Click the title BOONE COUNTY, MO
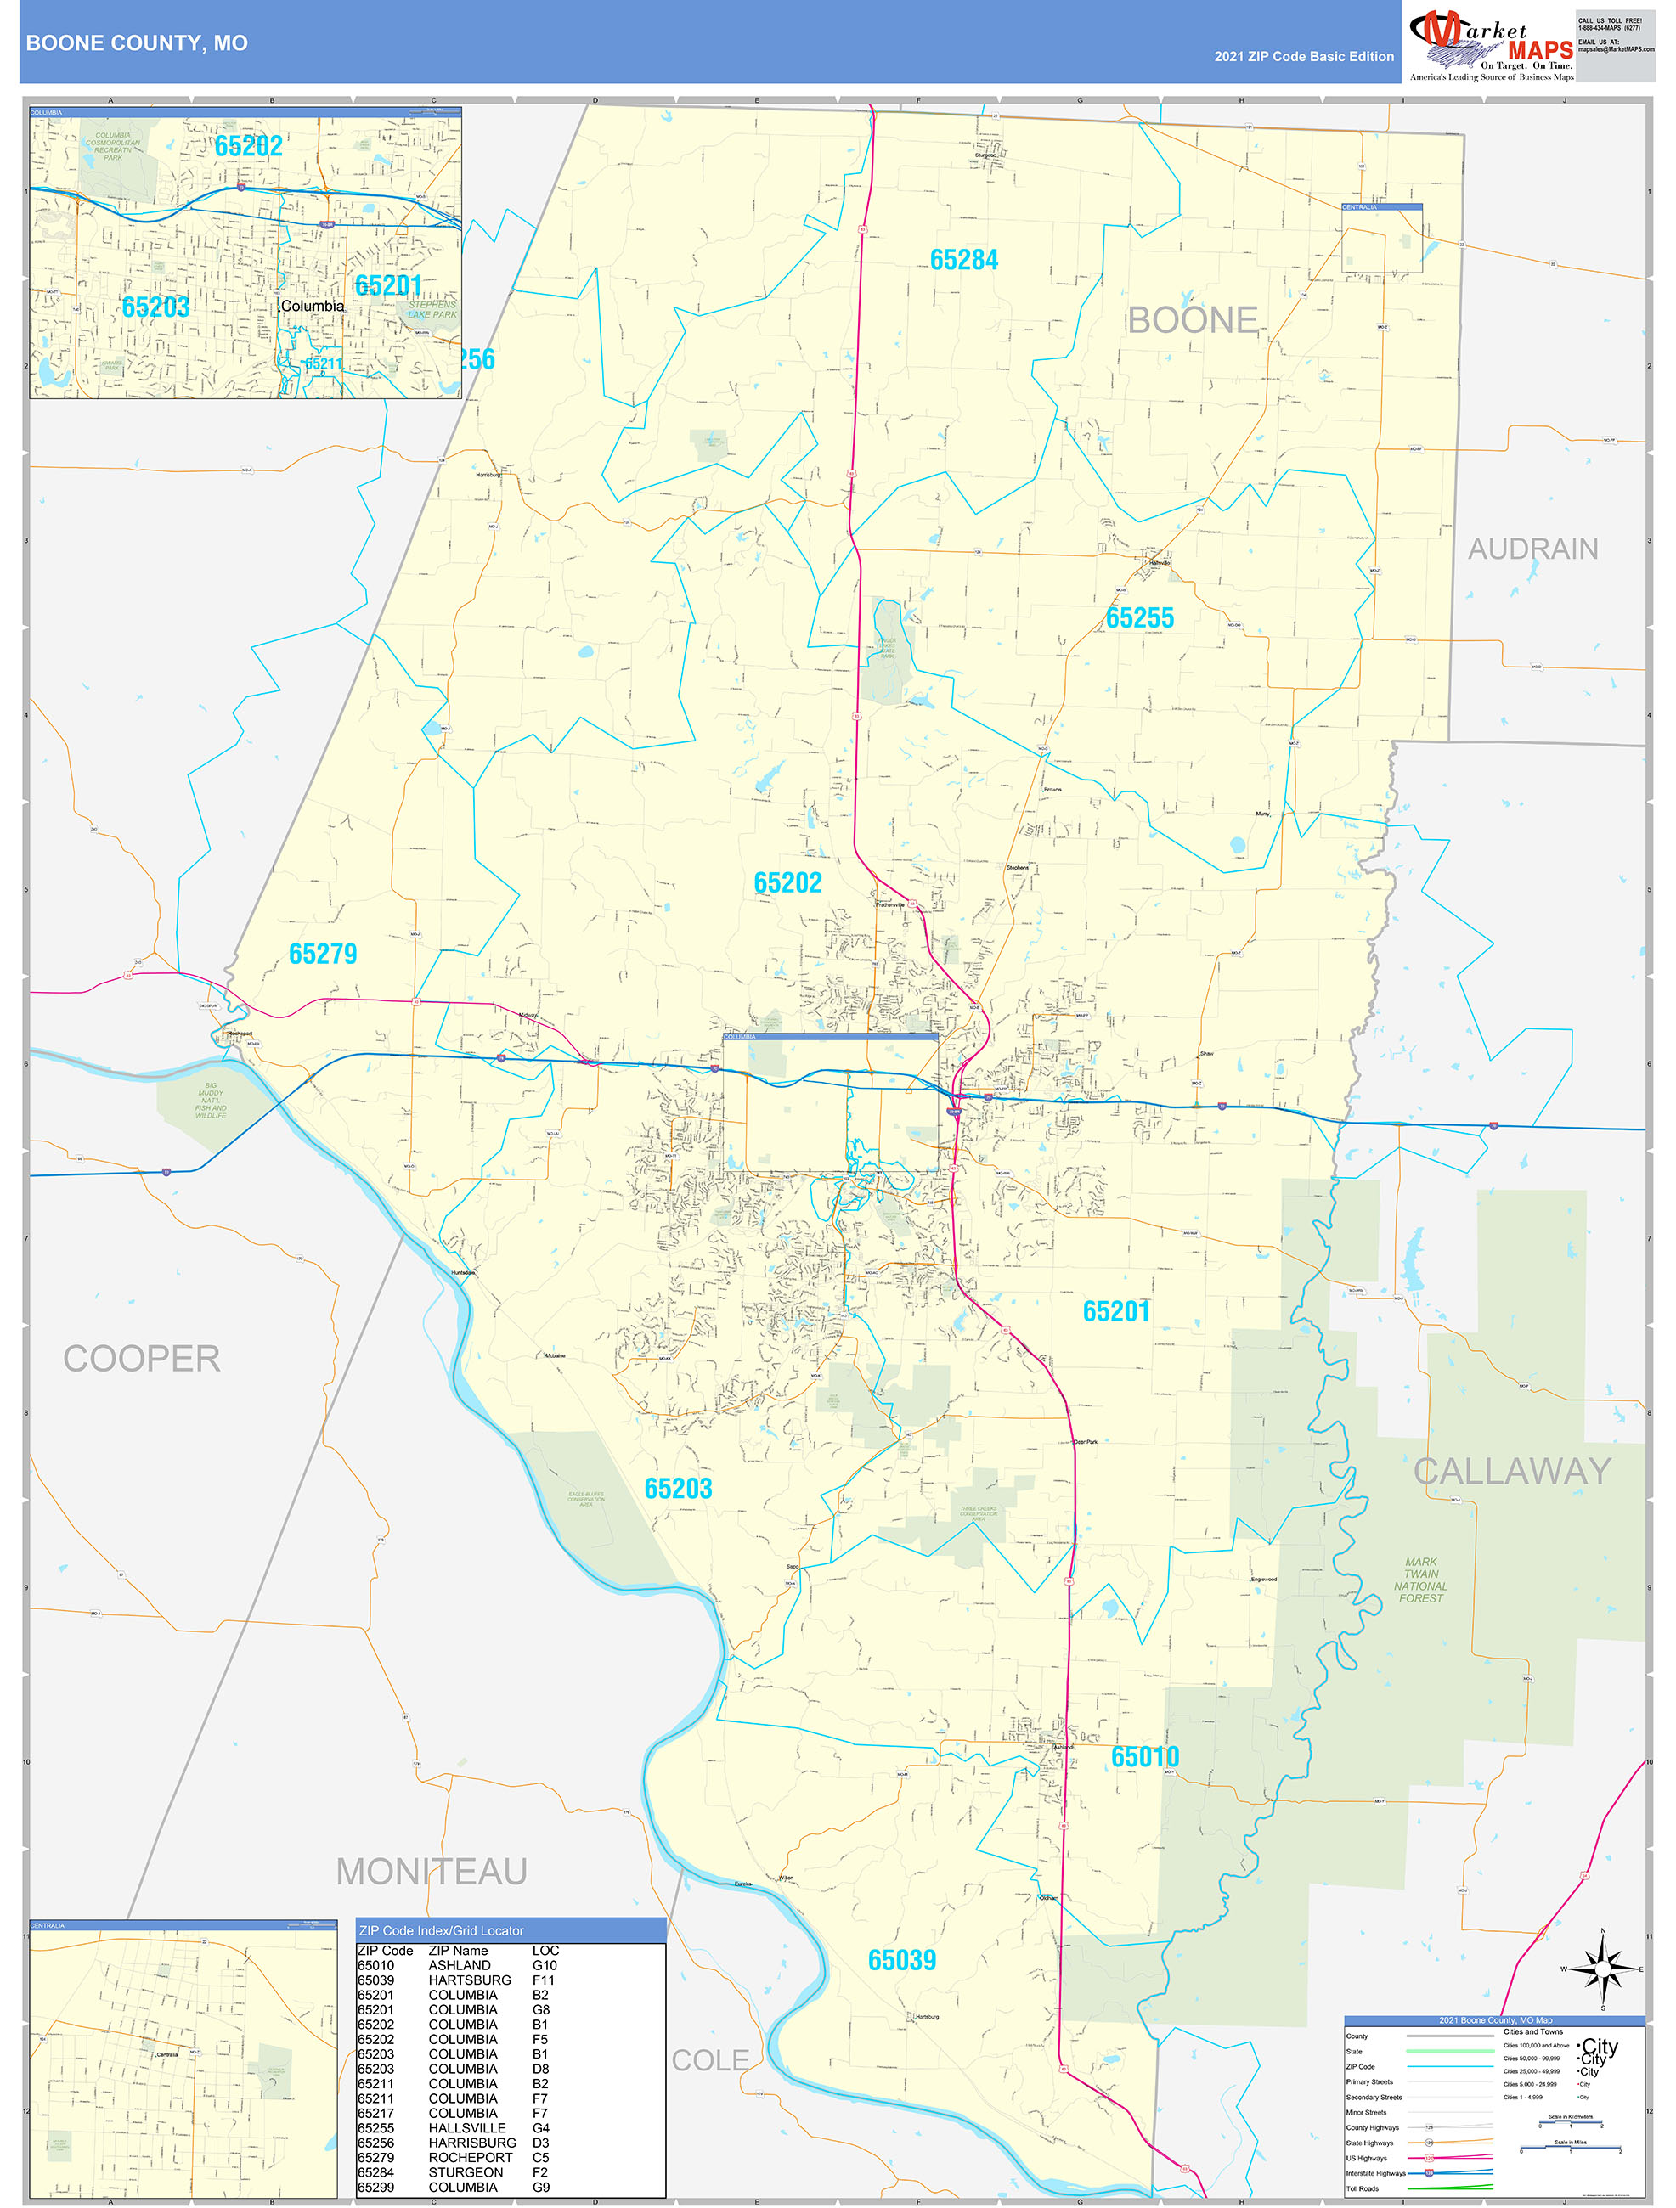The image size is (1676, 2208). [x=137, y=43]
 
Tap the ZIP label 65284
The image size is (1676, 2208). [x=963, y=260]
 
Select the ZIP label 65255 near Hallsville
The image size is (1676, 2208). [x=1139, y=618]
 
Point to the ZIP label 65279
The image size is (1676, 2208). [x=323, y=954]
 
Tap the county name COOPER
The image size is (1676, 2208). [x=142, y=1359]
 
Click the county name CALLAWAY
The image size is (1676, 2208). [x=1511, y=1470]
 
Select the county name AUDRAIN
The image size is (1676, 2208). [x=1532, y=549]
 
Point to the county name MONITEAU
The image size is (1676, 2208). [x=432, y=1871]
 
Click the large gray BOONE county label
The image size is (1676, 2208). [x=1192, y=320]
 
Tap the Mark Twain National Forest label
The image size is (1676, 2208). [x=1420, y=1579]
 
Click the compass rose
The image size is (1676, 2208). [x=1602, y=1969]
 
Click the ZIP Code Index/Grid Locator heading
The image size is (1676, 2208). [x=441, y=1930]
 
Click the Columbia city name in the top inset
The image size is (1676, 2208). [x=313, y=306]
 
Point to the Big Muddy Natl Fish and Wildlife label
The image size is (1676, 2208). [x=211, y=1100]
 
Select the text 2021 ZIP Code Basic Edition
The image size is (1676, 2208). [x=1304, y=56]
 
